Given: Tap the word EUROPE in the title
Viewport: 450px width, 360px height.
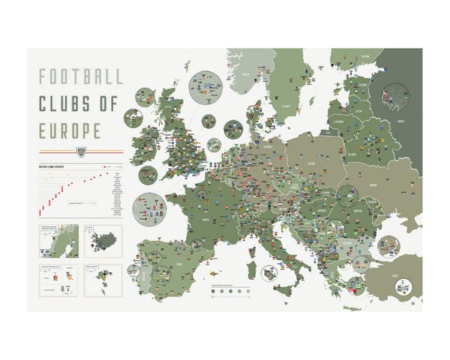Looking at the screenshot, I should (70, 130).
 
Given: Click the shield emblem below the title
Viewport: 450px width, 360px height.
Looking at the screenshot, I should (82, 150).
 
